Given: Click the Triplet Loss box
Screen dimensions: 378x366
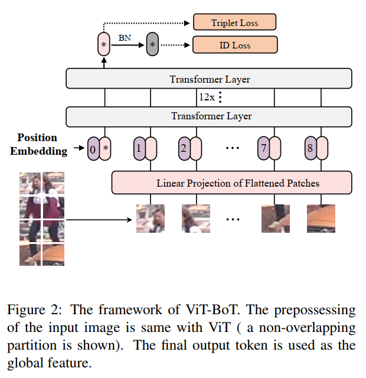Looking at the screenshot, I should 234,23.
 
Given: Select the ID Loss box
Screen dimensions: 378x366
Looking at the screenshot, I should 234,45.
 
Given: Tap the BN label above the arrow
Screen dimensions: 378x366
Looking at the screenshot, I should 125,37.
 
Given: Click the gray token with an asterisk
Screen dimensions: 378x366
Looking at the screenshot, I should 153,45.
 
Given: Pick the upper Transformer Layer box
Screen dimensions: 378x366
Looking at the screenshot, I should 209,79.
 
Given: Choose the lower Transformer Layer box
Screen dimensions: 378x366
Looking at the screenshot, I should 209,116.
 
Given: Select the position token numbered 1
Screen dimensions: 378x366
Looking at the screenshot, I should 138,148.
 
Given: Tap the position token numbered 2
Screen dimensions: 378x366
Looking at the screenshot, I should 184,148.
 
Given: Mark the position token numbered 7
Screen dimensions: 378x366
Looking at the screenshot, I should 263,148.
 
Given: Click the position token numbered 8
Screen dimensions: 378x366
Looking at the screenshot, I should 309,148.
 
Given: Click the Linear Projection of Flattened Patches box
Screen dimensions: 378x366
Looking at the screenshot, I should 231,183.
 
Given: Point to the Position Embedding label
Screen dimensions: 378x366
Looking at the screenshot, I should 37,144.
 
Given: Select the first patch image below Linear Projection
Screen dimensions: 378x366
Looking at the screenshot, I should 151,219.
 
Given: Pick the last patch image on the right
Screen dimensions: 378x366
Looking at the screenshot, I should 321,219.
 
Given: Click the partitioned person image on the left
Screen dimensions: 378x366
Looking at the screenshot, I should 42,219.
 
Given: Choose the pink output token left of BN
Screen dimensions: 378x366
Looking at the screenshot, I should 104,45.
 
